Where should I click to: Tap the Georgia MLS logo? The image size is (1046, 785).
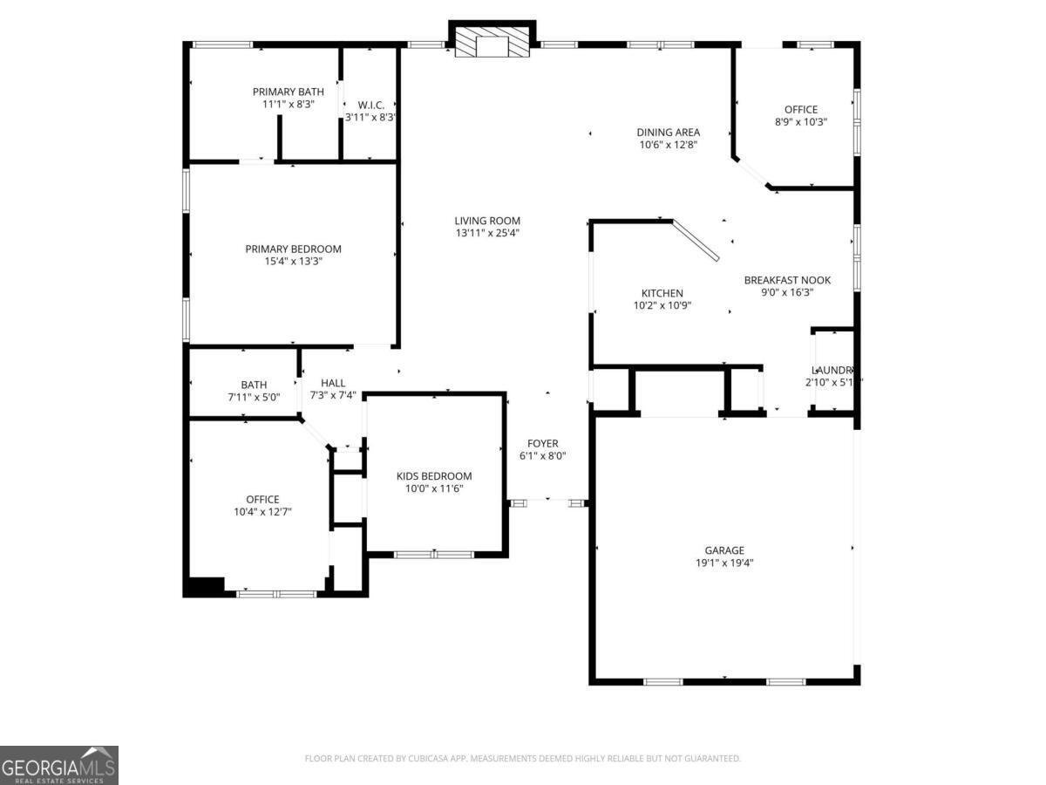[x=58, y=765]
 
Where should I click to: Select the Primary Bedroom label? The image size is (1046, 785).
[x=293, y=249]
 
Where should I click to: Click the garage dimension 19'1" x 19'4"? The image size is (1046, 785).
[x=724, y=563]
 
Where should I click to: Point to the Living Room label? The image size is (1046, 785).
[x=487, y=221]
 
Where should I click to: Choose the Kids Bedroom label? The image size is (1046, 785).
[x=434, y=475]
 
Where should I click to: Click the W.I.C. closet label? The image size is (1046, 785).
[x=370, y=105]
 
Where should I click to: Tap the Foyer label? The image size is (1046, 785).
[x=542, y=443]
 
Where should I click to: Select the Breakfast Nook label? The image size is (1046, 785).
[x=787, y=280]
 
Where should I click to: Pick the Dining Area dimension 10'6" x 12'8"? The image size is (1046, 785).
[x=668, y=146]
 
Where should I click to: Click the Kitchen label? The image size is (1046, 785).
[x=662, y=293]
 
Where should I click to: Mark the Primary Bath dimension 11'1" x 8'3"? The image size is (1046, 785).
[x=288, y=104]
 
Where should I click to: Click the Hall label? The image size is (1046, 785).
[x=333, y=383]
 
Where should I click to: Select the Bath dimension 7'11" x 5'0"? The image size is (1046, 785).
[x=254, y=398]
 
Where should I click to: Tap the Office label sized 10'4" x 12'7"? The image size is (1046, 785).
[x=262, y=500]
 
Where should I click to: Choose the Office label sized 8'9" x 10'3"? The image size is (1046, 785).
[x=801, y=109]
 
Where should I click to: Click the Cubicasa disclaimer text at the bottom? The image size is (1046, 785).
[x=523, y=758]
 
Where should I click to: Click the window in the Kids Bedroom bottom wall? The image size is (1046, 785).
[x=433, y=554]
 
